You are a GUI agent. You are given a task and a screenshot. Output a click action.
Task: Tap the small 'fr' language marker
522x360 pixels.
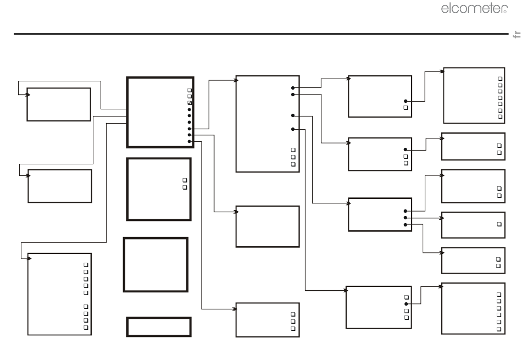click(515, 35)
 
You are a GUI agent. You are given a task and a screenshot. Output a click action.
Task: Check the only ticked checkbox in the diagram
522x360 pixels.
click(190, 103)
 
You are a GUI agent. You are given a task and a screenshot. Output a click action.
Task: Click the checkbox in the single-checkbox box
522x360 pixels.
click(499, 224)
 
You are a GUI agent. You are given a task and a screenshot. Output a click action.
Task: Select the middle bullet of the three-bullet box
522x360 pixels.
click(406, 218)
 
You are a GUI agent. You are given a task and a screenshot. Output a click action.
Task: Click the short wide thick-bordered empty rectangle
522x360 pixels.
click(159, 326)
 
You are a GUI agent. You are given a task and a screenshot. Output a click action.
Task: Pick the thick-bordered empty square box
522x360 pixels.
click(156, 264)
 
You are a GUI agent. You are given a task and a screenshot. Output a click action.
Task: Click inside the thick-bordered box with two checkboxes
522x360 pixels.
click(159, 189)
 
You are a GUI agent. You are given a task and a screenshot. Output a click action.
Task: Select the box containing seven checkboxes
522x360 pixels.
click(474, 95)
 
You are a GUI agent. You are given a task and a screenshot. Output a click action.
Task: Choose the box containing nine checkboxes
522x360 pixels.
click(59, 293)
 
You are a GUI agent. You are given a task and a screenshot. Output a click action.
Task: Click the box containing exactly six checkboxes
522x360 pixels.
click(473, 308)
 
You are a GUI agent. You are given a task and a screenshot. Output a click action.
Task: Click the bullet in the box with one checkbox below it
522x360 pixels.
click(406, 101)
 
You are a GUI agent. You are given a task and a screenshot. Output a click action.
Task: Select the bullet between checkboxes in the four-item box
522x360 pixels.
click(406, 304)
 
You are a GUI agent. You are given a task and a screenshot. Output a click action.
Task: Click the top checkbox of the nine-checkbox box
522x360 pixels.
click(86, 265)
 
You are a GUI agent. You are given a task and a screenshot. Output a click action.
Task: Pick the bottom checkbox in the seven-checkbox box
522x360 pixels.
click(500, 117)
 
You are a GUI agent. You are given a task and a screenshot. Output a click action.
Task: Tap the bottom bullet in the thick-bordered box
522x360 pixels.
click(190, 141)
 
